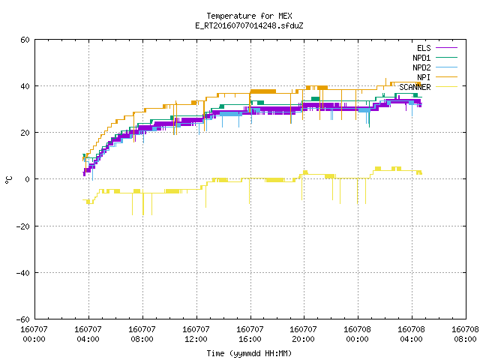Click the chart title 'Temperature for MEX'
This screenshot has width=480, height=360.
(x=249, y=16)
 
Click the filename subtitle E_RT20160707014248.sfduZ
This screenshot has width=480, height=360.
(x=249, y=25)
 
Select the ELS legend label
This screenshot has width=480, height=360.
(x=424, y=48)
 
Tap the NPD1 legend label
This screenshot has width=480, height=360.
(x=421, y=58)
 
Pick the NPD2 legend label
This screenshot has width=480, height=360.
(x=421, y=67)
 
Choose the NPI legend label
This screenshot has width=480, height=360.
(x=424, y=77)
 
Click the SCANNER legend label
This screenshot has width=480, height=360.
(x=415, y=87)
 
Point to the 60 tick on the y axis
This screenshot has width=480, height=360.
(x=25, y=40)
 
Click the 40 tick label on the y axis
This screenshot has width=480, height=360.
(x=25, y=86)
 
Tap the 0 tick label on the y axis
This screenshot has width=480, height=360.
(x=28, y=179)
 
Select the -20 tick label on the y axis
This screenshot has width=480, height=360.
(x=23, y=226)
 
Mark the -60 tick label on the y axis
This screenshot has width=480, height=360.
(x=23, y=319)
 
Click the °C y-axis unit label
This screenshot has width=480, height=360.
(x=8, y=180)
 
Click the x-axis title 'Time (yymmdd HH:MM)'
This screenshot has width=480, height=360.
(x=249, y=353)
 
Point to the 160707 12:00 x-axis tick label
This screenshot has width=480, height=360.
(x=196, y=334)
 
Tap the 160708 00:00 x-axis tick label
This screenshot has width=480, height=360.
(x=357, y=334)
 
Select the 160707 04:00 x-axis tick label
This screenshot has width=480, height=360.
(x=88, y=334)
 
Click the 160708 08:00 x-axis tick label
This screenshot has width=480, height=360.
(x=465, y=334)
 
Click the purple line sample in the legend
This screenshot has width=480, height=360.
(x=447, y=48)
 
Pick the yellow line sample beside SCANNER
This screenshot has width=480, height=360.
(x=447, y=87)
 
